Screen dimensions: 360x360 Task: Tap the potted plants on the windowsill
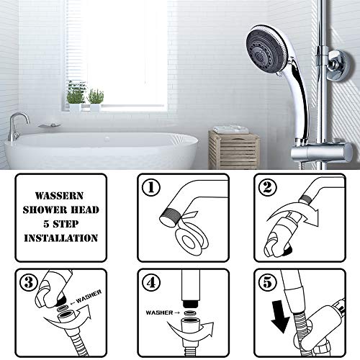(x=85, y=98)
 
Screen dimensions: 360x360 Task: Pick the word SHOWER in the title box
(x=45, y=208)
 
